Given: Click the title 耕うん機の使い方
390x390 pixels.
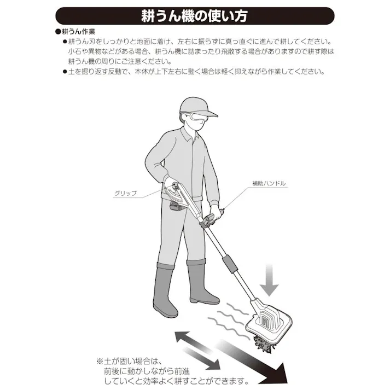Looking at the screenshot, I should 195,16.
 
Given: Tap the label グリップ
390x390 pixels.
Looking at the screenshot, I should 125,193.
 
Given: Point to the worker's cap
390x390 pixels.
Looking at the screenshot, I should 195,106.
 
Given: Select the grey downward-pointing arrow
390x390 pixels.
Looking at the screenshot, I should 269,278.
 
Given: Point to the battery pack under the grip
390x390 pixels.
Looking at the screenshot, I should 178,206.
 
